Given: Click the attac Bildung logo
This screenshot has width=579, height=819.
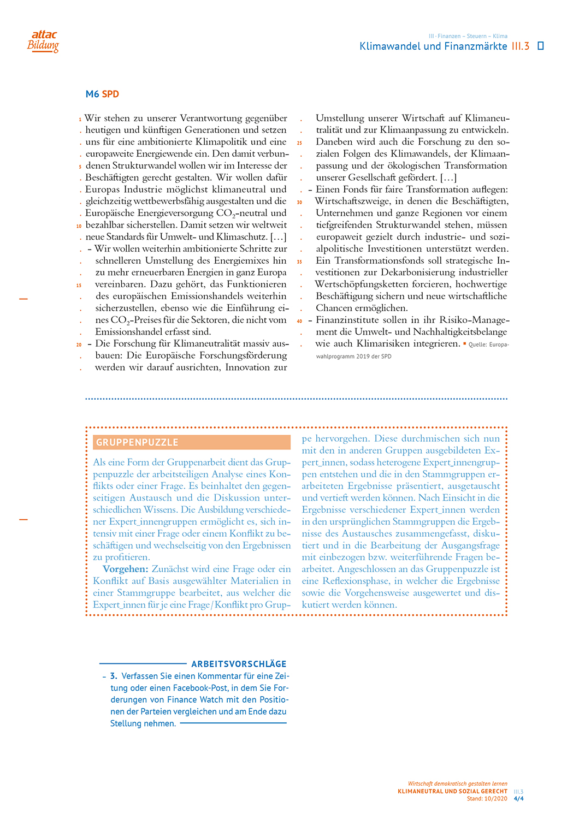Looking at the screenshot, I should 43,41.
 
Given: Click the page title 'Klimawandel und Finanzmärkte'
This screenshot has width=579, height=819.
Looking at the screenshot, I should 433,46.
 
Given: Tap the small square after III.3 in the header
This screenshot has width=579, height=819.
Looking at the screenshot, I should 541,46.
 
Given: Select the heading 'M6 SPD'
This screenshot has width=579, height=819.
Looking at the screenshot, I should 102,94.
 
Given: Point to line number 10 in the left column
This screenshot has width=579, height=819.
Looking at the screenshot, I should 79,225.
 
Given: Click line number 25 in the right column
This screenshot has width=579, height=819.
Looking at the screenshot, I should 299,143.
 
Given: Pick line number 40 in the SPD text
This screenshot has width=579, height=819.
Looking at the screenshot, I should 299,321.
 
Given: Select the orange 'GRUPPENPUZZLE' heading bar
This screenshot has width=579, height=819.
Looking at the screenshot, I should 192,442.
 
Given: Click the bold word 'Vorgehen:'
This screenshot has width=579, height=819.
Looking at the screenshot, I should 125,569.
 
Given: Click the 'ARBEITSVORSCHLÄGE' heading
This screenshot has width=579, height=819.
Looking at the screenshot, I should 239,664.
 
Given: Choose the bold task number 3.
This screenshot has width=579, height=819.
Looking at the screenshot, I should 114,676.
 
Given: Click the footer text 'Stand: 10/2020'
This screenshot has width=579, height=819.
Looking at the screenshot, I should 487,798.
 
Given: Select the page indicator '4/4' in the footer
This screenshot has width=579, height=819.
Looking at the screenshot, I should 518,798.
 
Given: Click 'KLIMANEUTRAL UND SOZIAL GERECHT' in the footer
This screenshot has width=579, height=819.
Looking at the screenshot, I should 452,791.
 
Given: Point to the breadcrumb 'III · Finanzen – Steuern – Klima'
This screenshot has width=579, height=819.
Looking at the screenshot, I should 468,36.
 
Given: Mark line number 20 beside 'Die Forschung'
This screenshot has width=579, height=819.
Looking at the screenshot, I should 79,345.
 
